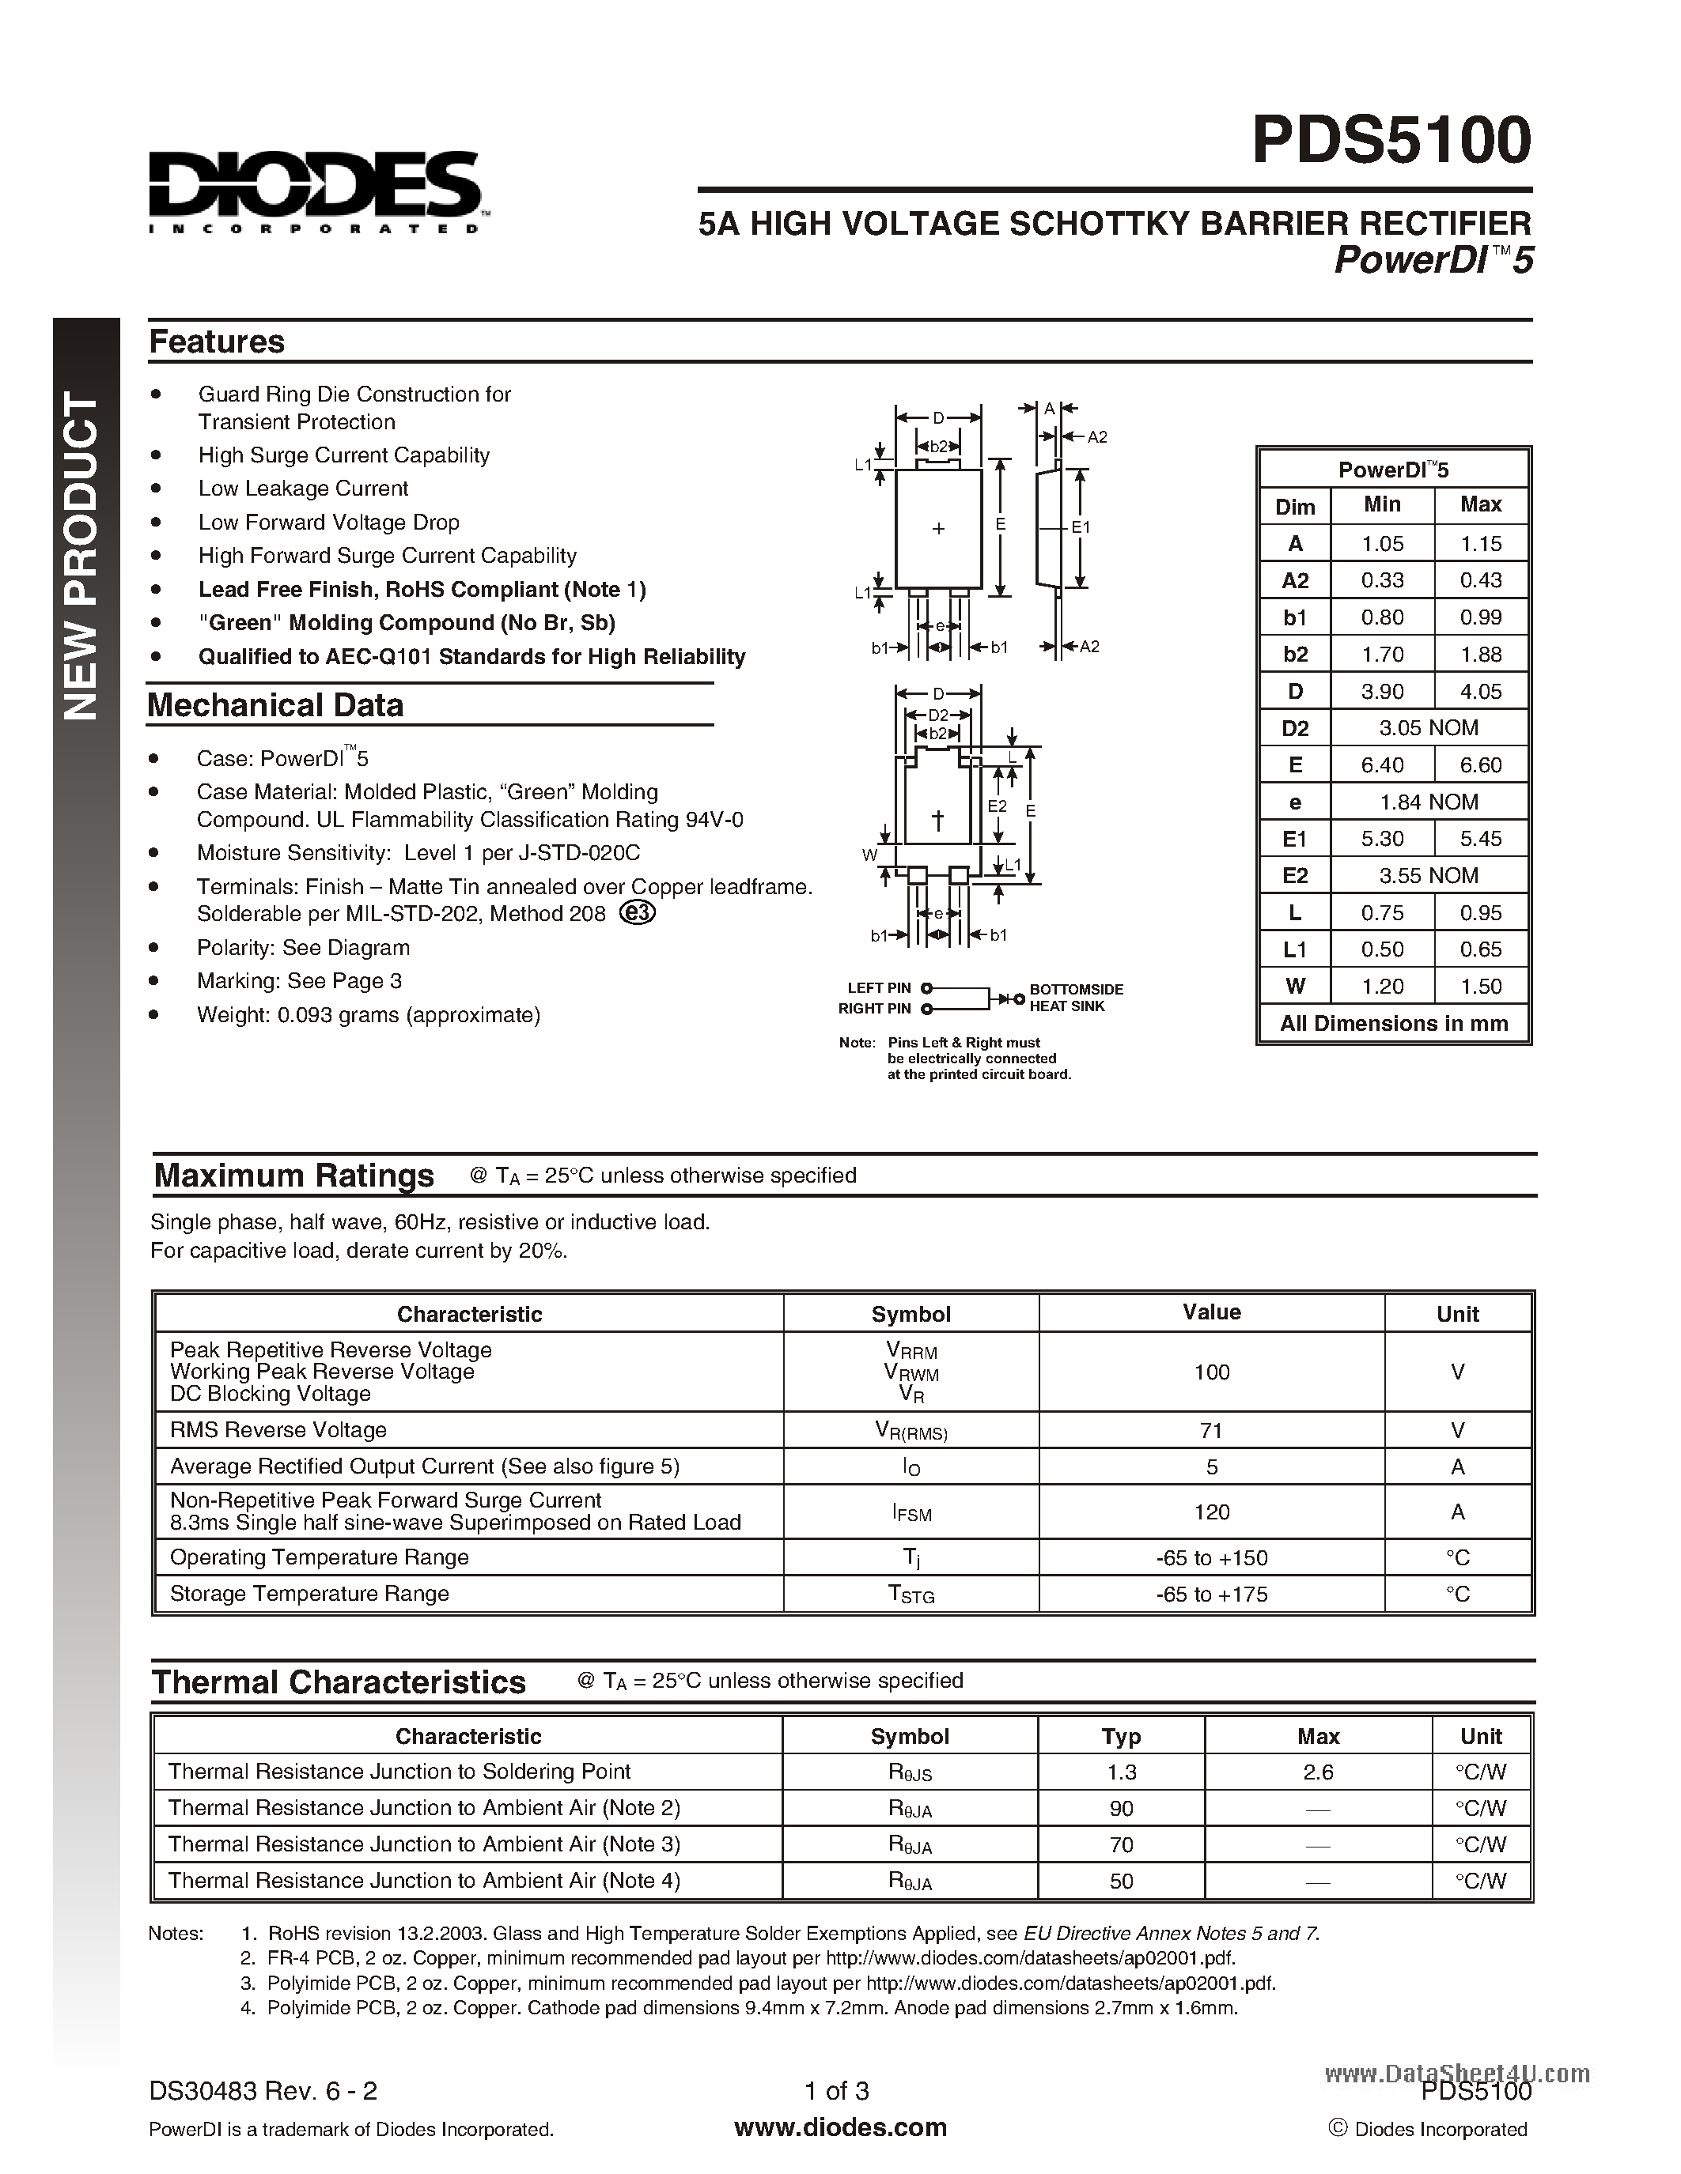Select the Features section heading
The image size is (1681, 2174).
216,342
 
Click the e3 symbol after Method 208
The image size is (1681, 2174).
638,913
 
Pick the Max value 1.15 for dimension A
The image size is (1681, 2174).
1480,544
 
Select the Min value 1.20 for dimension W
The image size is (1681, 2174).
1381,987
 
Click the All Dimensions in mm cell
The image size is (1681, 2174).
1393,1023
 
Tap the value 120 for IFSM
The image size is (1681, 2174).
1211,1512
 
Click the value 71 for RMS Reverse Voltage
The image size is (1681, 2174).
1211,1430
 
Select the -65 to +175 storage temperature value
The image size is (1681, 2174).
1211,1594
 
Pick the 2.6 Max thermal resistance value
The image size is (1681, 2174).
1318,1772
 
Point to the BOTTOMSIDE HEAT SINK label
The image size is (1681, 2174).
1076,998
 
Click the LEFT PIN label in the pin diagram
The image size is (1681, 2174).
878,988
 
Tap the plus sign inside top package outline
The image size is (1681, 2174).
937,530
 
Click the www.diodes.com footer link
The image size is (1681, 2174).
839,2127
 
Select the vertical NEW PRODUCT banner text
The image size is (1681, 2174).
82,557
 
